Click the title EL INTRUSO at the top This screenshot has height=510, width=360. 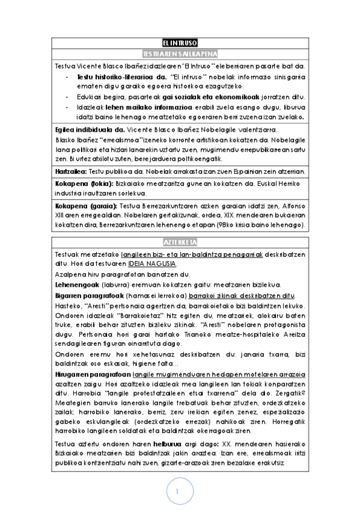point(180,43)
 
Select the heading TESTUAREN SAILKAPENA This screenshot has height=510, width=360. point(180,54)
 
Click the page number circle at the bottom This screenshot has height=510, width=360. point(178,492)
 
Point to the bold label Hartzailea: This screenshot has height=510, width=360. point(70,171)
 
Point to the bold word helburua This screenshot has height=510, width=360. point(169,444)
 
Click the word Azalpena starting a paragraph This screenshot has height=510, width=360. point(70,275)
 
